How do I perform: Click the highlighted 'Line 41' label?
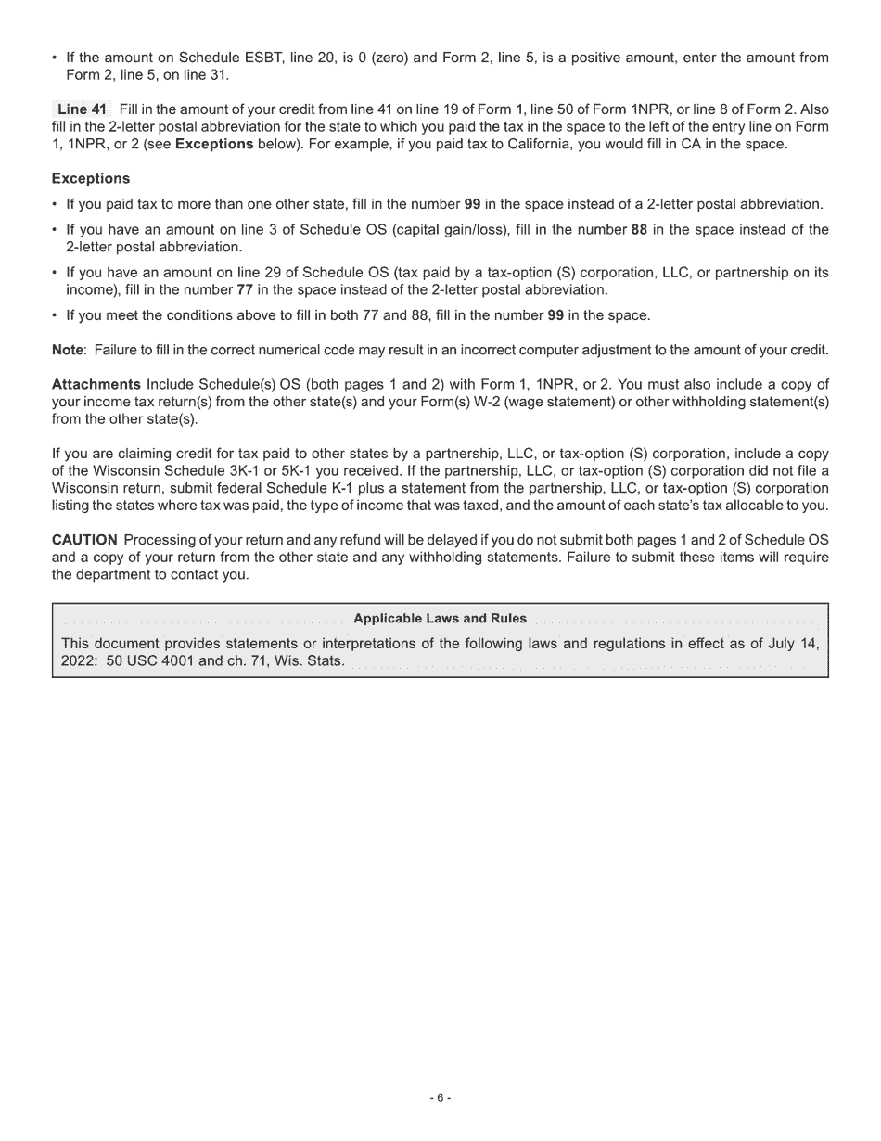click(82, 109)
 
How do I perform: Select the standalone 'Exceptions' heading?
click(91, 178)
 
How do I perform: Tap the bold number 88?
click(639, 229)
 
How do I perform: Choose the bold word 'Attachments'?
click(96, 384)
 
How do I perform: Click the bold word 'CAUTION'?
click(84, 540)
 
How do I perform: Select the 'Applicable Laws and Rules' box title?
click(440, 619)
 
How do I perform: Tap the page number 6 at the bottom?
click(440, 1097)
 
